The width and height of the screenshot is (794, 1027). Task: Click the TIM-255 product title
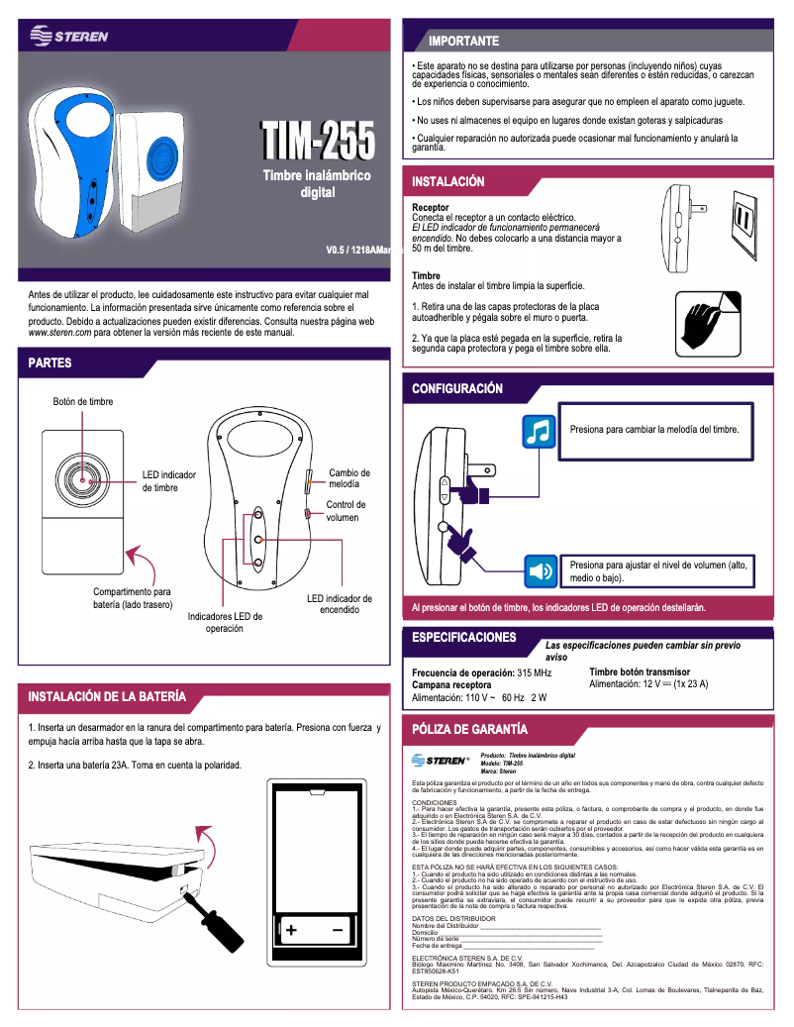pos(317,142)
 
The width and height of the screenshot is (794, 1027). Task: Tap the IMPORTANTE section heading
pos(462,41)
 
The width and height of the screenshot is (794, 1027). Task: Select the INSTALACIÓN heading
pos(448,182)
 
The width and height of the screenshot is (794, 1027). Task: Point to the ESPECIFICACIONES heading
pos(463,637)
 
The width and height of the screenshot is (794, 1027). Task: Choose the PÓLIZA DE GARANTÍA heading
pos(469,730)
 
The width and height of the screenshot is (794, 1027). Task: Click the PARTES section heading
pos(50,362)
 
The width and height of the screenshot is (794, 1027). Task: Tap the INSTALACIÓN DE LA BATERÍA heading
pos(107,696)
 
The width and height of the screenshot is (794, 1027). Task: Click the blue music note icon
pos(539,432)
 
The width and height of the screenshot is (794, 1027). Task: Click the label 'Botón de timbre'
pos(83,401)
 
